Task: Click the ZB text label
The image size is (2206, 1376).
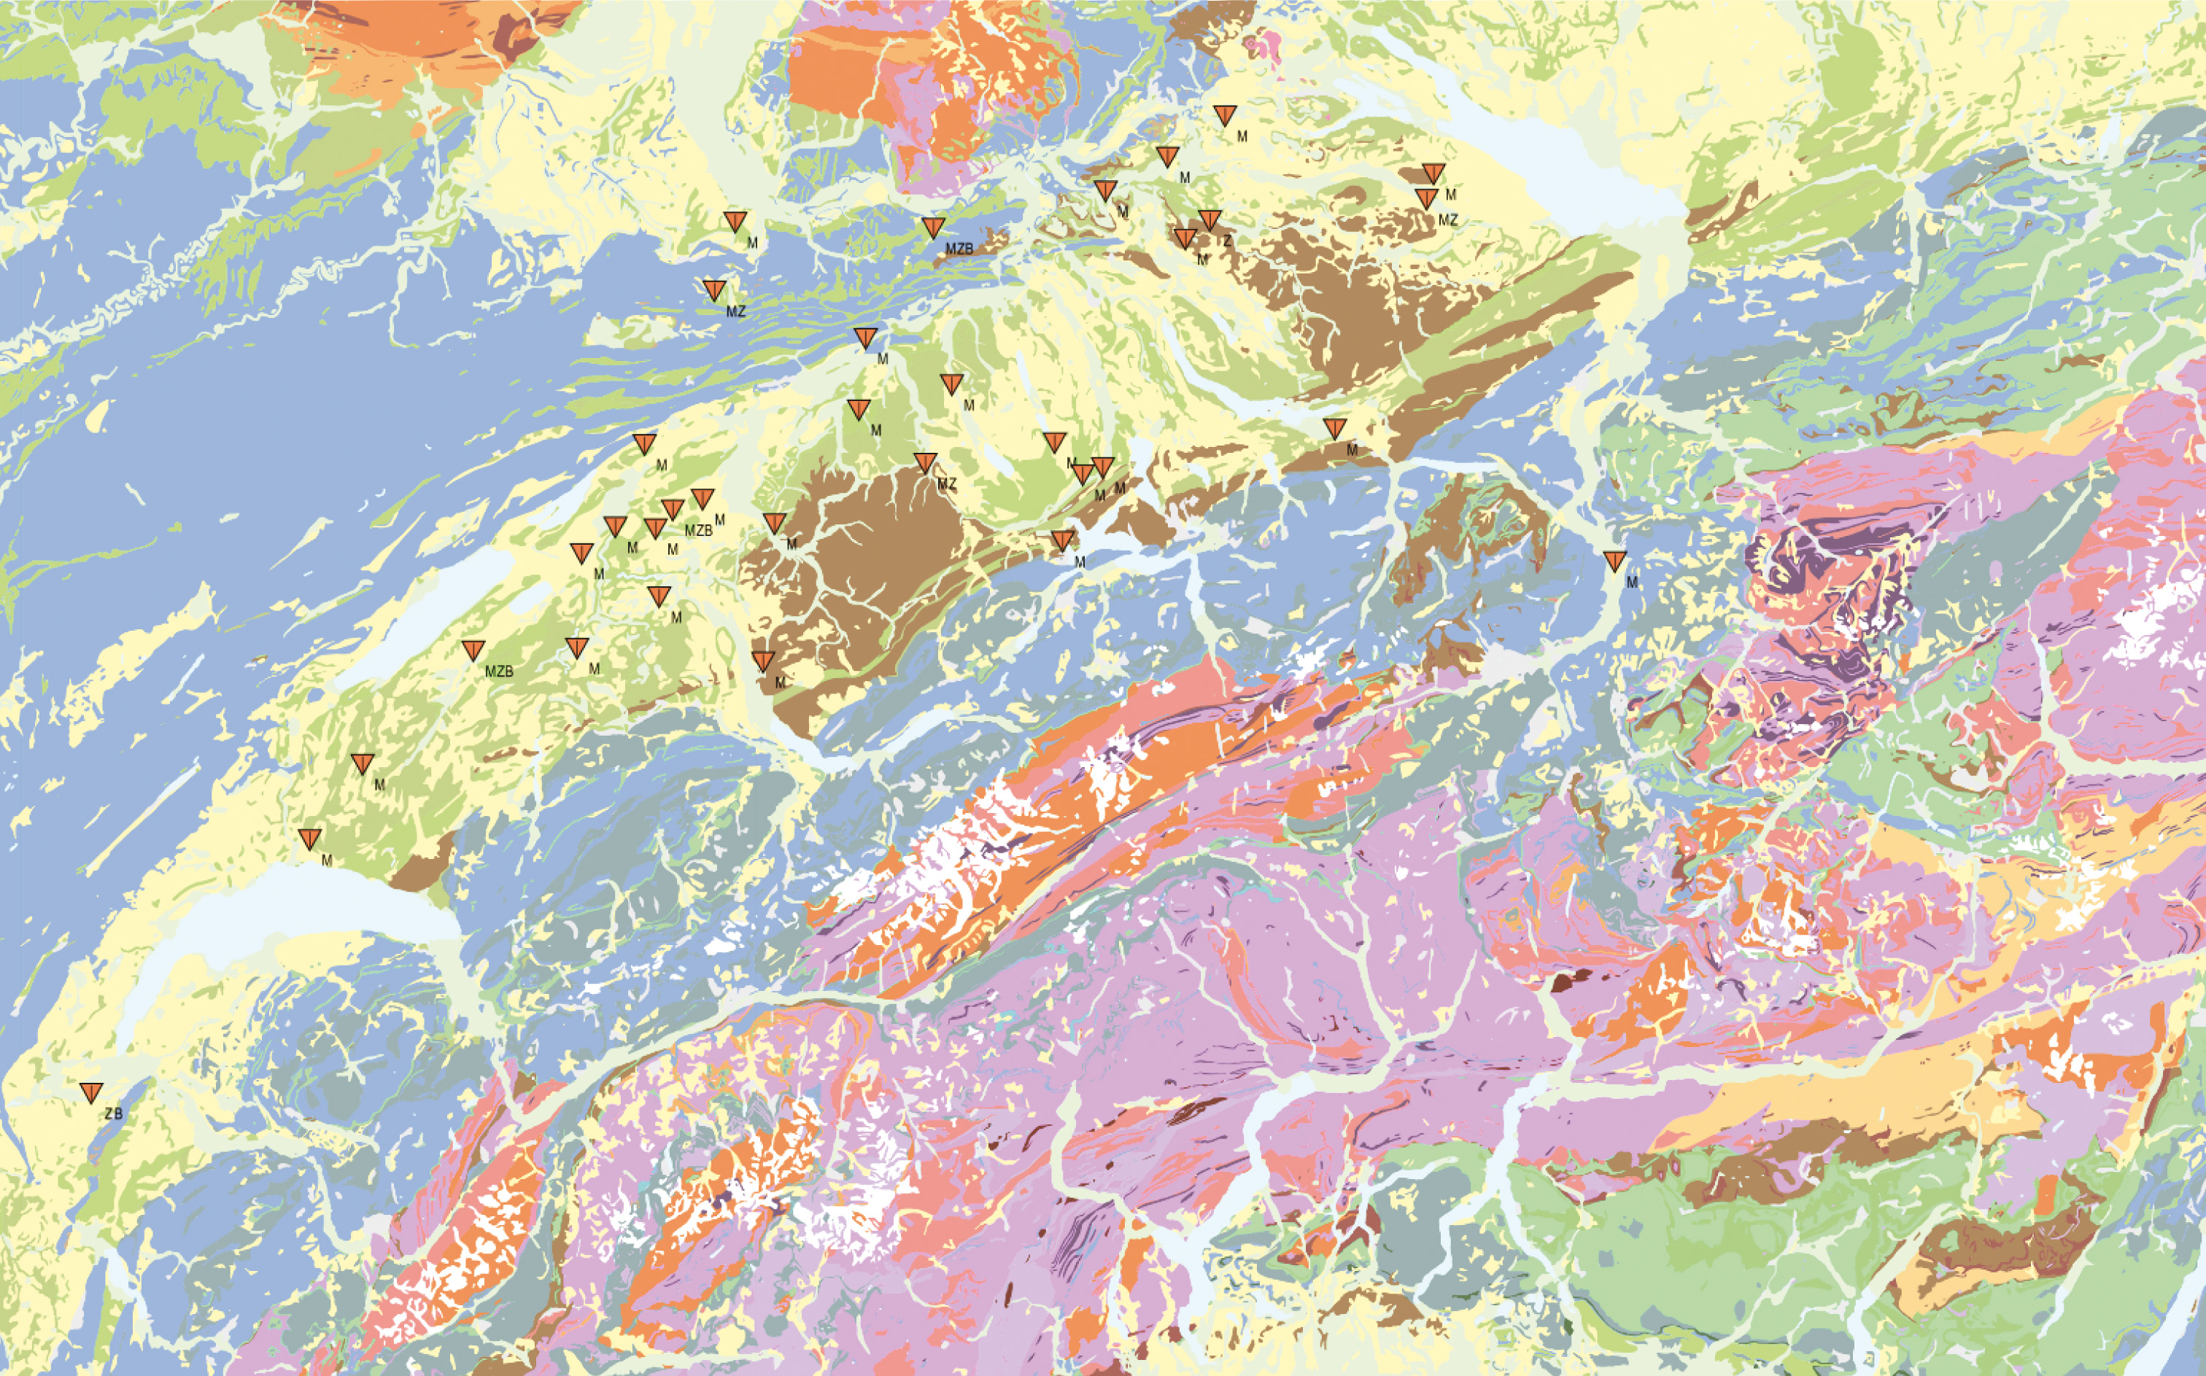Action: (113, 1113)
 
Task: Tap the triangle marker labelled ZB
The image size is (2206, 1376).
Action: (91, 1092)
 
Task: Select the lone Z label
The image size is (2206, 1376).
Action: (1227, 241)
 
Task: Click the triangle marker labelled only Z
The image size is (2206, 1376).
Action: (1209, 219)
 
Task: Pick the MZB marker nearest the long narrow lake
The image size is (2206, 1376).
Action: (473, 650)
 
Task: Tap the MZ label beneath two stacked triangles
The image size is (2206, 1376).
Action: (1447, 220)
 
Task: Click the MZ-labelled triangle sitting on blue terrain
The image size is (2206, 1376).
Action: (715, 289)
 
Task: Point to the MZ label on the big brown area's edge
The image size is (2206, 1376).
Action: (947, 484)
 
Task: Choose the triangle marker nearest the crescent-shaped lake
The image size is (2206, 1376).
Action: (311, 838)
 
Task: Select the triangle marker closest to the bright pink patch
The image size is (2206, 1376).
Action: (1226, 114)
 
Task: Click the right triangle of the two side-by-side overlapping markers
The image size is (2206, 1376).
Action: (1102, 467)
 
